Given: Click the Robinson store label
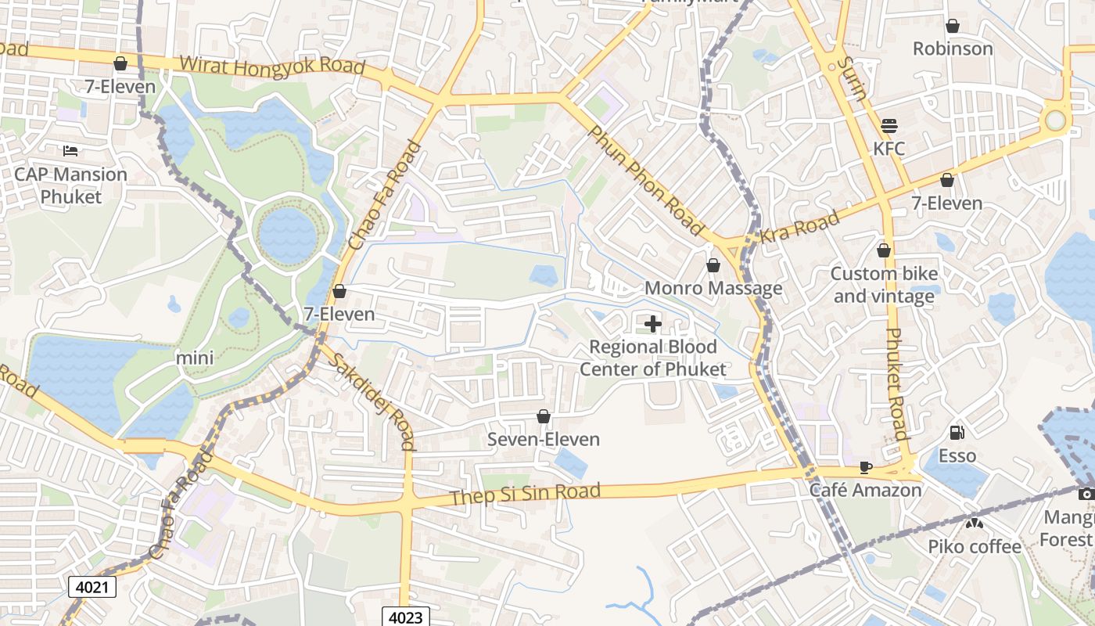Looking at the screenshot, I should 953,49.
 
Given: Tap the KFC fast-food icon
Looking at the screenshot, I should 889,125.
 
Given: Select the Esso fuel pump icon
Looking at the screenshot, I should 957,432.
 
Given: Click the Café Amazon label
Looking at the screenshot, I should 865,491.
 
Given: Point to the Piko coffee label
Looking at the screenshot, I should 974,546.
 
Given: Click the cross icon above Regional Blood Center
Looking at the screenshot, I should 652,323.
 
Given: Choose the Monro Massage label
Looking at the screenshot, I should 713,288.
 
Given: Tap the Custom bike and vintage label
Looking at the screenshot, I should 884,285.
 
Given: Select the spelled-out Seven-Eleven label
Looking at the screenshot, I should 543,439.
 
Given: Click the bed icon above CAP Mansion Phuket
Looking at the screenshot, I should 70,150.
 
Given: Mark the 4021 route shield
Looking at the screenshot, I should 92,586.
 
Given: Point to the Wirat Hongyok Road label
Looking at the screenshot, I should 271,66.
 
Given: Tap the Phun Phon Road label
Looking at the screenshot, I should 645,180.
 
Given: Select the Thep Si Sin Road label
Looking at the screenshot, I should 525,495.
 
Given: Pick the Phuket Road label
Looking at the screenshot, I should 896,383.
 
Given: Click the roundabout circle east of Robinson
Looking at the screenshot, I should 1056,121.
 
